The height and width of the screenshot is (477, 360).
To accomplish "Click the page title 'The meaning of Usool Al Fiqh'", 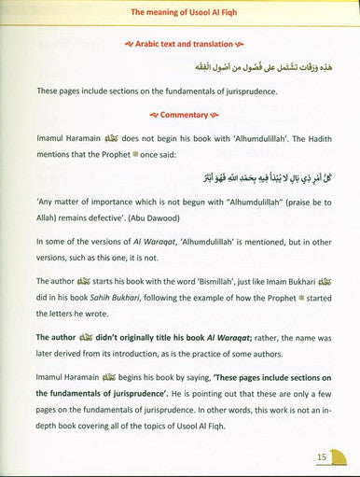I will (x=179, y=12).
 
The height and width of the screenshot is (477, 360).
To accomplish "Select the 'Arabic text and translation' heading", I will (x=179, y=44).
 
